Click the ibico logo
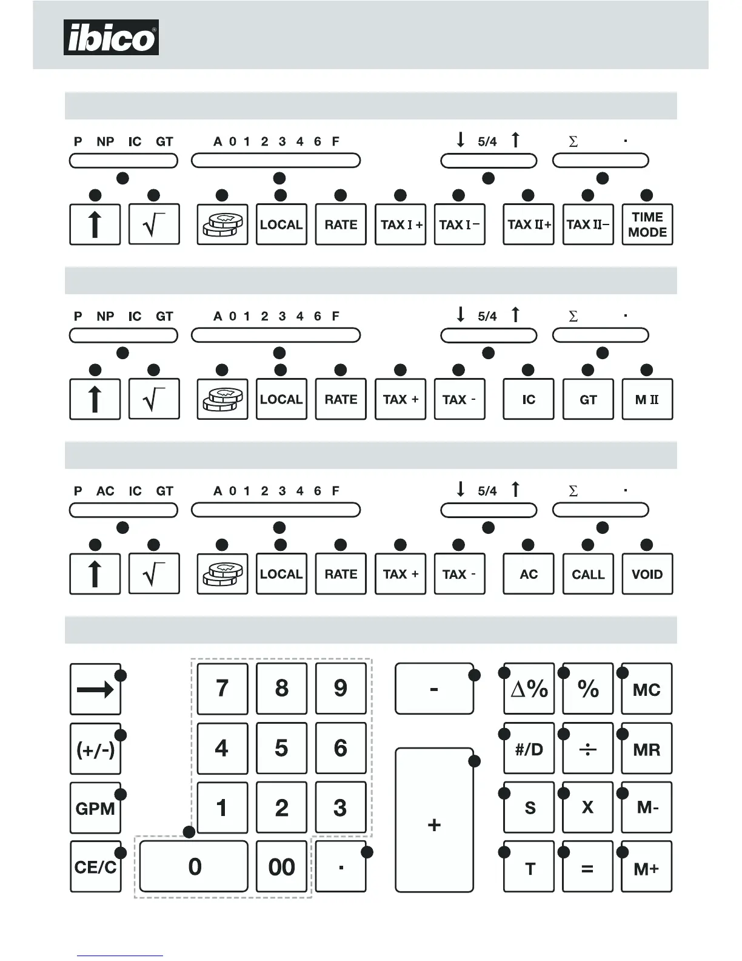pos(111,38)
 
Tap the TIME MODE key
pos(647,224)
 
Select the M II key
pos(647,399)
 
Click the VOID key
pos(647,574)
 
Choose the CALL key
pos(588,574)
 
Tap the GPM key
pos(95,808)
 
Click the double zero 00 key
pos(281,866)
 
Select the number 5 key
pos(281,748)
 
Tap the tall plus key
pos(434,820)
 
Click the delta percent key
pos(529,689)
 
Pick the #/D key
pos(529,749)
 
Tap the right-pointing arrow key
pos(95,689)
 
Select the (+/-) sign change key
pos(95,749)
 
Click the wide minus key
pos(434,689)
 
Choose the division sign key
pos(587,749)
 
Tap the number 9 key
pos(341,689)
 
